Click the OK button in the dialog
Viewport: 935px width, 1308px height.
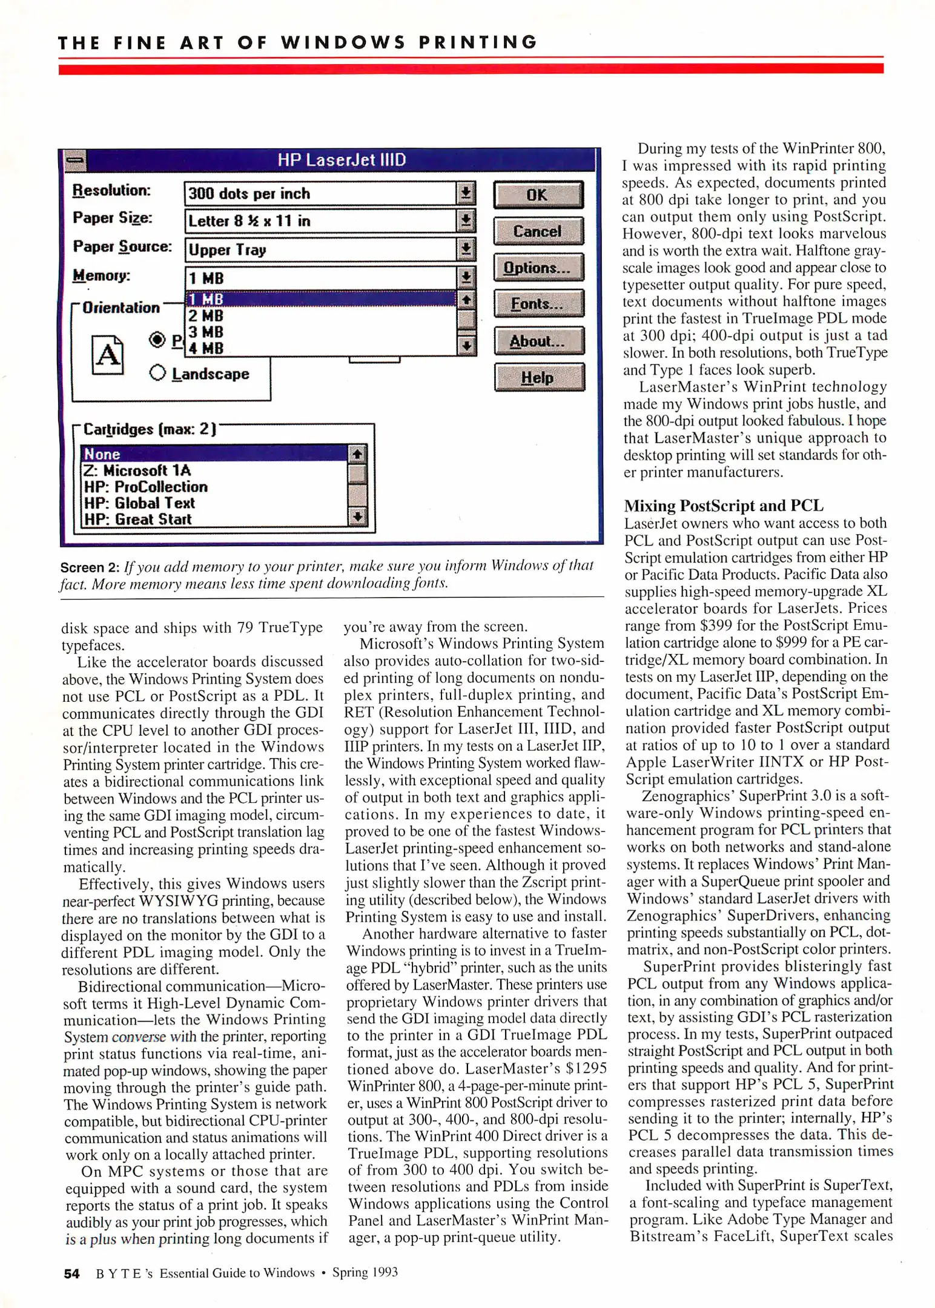tap(538, 195)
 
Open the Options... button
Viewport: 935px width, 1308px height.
tap(538, 268)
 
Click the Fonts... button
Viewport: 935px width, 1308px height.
tap(538, 304)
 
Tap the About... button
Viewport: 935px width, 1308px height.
tap(538, 341)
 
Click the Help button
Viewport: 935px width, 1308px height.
tap(538, 378)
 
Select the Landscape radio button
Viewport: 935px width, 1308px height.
tap(157, 373)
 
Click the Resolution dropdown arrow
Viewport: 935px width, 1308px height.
tap(466, 194)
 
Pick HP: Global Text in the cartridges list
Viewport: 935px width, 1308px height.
tap(139, 503)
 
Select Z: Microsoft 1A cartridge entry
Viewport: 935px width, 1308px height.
tap(137, 471)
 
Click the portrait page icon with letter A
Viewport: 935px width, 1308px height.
tap(108, 355)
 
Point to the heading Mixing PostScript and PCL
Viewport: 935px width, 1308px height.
tap(724, 506)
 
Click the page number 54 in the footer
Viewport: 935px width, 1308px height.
tap(71, 1273)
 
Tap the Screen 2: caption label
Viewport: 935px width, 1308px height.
tap(90, 567)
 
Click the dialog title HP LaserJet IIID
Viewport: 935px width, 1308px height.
tap(342, 160)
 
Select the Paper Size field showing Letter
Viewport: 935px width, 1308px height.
tap(320, 221)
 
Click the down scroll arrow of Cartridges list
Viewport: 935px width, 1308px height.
tap(358, 517)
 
